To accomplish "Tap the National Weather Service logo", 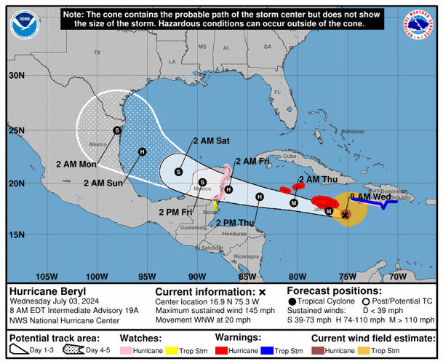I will click(415, 26).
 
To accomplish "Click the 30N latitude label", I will click(16, 75).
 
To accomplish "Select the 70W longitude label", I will click(397, 277).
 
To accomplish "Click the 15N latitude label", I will click(16, 234).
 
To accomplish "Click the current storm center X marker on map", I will click(346, 214).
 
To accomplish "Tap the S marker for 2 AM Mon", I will click(116, 130).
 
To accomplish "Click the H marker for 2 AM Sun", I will click(142, 151).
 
